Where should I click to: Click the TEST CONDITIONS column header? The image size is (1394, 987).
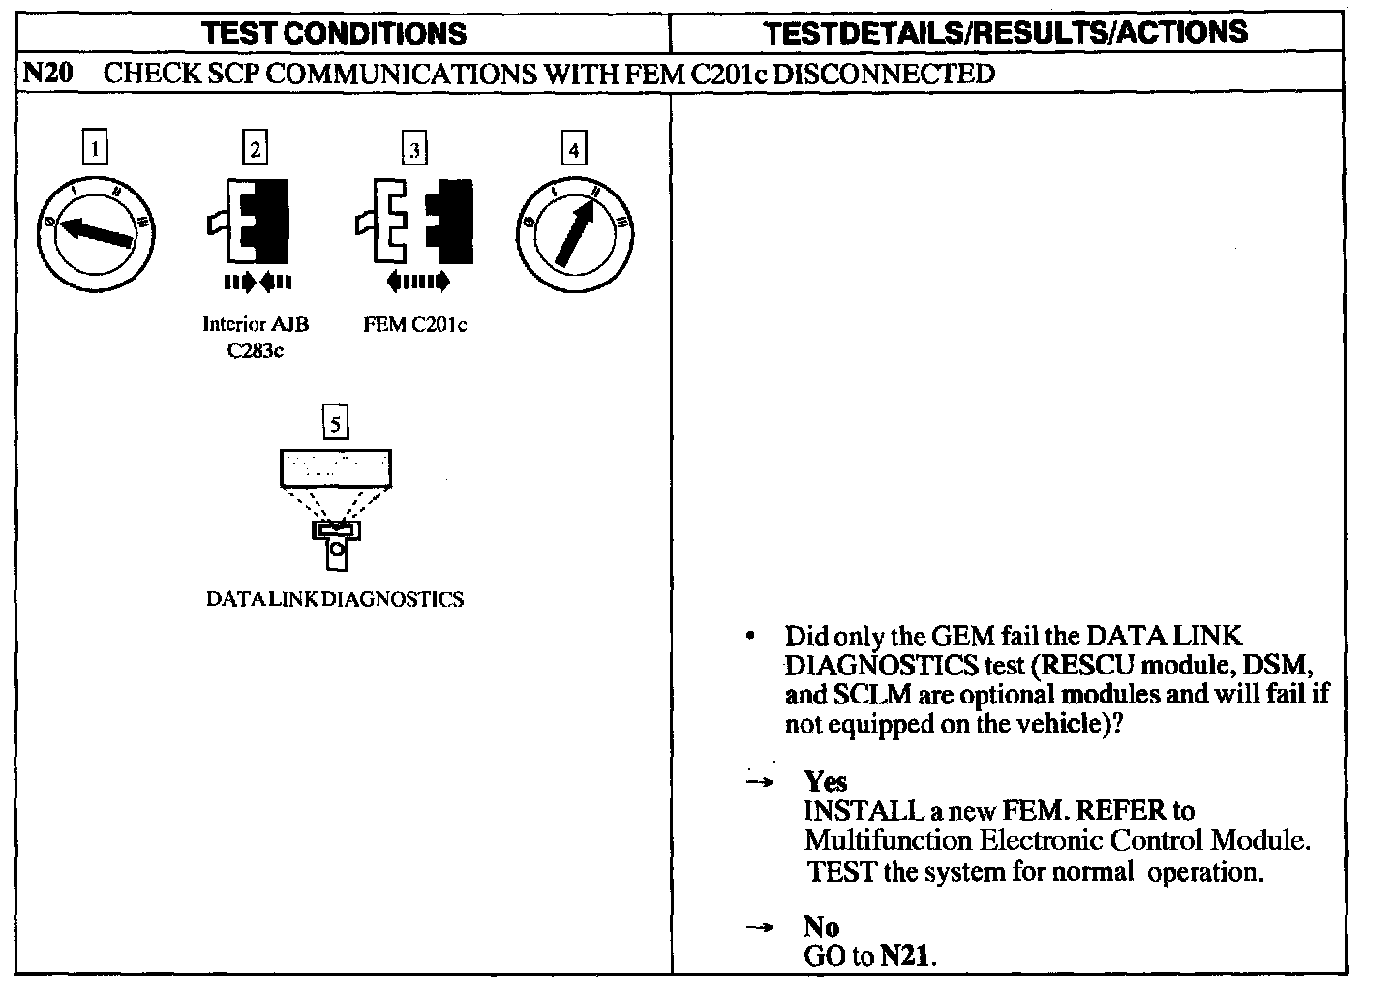point(334,33)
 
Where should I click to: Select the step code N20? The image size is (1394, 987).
point(47,74)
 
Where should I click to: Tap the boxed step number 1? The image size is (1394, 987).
point(95,149)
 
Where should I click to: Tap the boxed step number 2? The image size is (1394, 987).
point(255,149)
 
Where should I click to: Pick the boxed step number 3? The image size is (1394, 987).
point(414,150)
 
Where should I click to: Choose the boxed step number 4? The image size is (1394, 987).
point(574,150)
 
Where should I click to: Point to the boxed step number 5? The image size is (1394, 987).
point(335,424)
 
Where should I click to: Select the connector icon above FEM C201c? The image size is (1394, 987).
point(414,223)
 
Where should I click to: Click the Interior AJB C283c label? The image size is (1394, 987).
point(256,337)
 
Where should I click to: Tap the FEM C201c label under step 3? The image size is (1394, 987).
point(414,325)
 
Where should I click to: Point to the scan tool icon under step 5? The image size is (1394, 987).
point(336,508)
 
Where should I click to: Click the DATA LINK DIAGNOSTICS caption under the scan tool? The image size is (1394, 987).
point(335,599)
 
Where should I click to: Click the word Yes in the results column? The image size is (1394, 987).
point(825,781)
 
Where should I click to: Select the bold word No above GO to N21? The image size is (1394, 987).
point(821,927)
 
